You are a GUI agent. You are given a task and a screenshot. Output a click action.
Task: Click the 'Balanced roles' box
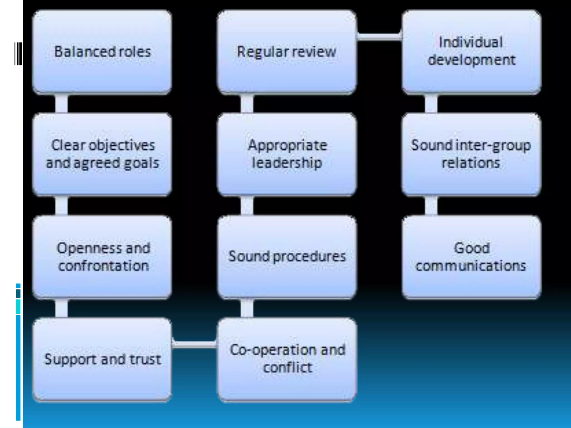click(102, 52)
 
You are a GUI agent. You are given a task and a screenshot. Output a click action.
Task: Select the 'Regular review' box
click(287, 52)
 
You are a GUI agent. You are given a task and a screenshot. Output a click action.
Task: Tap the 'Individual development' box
click(471, 52)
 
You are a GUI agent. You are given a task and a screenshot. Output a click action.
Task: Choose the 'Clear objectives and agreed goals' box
click(102, 154)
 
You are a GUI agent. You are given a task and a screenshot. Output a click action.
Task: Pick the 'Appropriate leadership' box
click(287, 154)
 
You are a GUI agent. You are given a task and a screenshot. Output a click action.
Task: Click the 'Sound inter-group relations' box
click(471, 154)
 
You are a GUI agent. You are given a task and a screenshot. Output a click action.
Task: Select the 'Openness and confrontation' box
click(102, 257)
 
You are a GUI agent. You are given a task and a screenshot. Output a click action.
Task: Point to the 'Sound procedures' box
click(287, 257)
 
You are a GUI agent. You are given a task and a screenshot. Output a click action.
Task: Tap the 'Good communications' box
click(471, 257)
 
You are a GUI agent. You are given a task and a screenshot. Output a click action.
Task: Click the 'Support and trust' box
click(102, 359)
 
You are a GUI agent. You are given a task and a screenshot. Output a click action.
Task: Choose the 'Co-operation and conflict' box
click(287, 359)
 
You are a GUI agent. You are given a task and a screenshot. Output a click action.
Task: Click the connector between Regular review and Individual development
click(379, 37)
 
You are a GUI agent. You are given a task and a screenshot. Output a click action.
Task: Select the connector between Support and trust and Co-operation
click(194, 344)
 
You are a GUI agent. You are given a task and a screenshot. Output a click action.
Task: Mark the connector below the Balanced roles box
click(61, 104)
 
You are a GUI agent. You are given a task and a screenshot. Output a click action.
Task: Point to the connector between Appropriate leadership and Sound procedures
click(247, 206)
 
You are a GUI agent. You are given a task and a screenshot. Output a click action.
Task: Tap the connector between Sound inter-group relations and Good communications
click(431, 206)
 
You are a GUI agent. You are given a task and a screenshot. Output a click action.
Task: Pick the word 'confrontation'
click(103, 266)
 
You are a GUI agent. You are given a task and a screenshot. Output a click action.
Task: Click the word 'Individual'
click(471, 43)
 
